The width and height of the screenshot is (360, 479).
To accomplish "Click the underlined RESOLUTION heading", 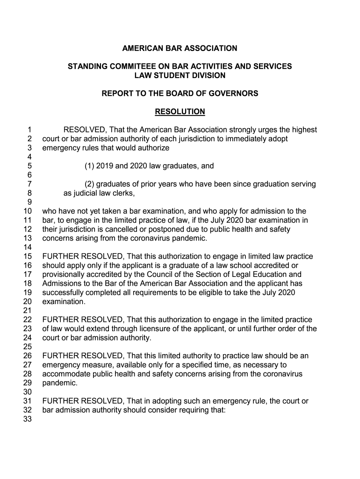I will coord(180,112).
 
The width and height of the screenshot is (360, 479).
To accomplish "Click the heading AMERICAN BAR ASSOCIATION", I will coord(180,48).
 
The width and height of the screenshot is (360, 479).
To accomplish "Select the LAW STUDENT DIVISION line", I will coord(180,75).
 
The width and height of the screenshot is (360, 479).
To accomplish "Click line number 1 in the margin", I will coord(29,130).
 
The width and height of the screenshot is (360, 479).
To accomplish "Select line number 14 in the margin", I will coord(27,247).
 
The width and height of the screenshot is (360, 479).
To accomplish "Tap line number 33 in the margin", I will coord(27,419).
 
